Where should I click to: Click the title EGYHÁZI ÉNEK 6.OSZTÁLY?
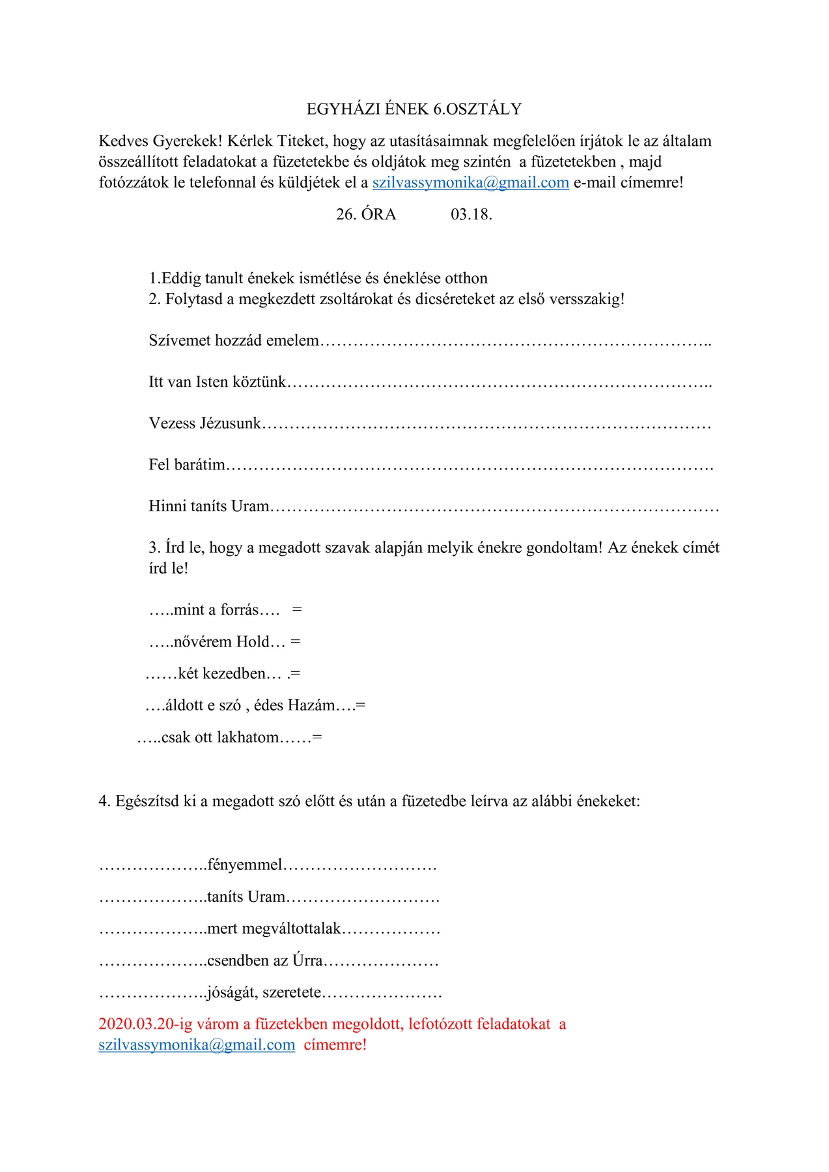pyautogui.click(x=414, y=109)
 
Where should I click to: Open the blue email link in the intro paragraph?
pyautogui.click(x=470, y=183)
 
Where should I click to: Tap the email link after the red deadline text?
pyautogui.click(x=197, y=1045)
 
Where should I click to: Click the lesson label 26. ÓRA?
pyautogui.click(x=366, y=215)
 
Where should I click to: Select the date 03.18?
pyautogui.click(x=471, y=215)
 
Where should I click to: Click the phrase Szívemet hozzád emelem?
pyautogui.click(x=234, y=341)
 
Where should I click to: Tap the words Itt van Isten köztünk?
pyautogui.click(x=218, y=382)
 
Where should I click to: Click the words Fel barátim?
pyautogui.click(x=187, y=465)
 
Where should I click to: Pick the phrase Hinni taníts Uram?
pyautogui.click(x=209, y=507)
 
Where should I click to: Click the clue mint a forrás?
pyautogui.click(x=216, y=610)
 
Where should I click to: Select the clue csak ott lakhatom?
pyautogui.click(x=220, y=738)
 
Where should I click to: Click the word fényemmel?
pyautogui.click(x=245, y=865)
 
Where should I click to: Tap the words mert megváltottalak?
pyautogui.click(x=274, y=929)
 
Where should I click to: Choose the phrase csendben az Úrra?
pyautogui.click(x=265, y=961)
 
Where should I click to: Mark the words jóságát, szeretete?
pyautogui.click(x=264, y=993)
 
